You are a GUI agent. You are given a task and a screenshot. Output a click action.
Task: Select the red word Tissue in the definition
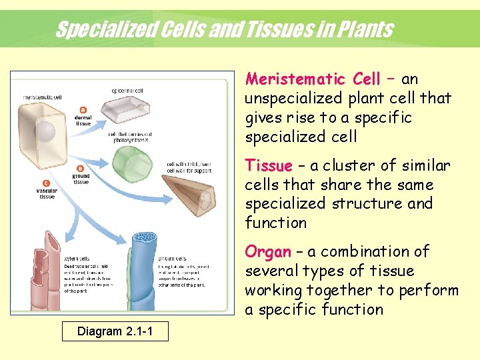[x=269, y=165]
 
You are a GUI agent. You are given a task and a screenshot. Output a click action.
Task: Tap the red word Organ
[x=268, y=252]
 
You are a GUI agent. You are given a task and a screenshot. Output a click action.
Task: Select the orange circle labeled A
[x=83, y=110]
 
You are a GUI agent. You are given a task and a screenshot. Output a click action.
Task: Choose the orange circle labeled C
[x=46, y=183]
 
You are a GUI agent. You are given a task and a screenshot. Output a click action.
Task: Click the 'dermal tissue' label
[x=83, y=121]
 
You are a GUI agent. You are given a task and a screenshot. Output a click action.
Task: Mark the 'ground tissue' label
[x=81, y=179]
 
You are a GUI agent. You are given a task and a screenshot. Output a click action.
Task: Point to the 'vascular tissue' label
[x=46, y=193]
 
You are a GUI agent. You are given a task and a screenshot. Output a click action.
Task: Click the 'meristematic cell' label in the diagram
[x=43, y=97]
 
